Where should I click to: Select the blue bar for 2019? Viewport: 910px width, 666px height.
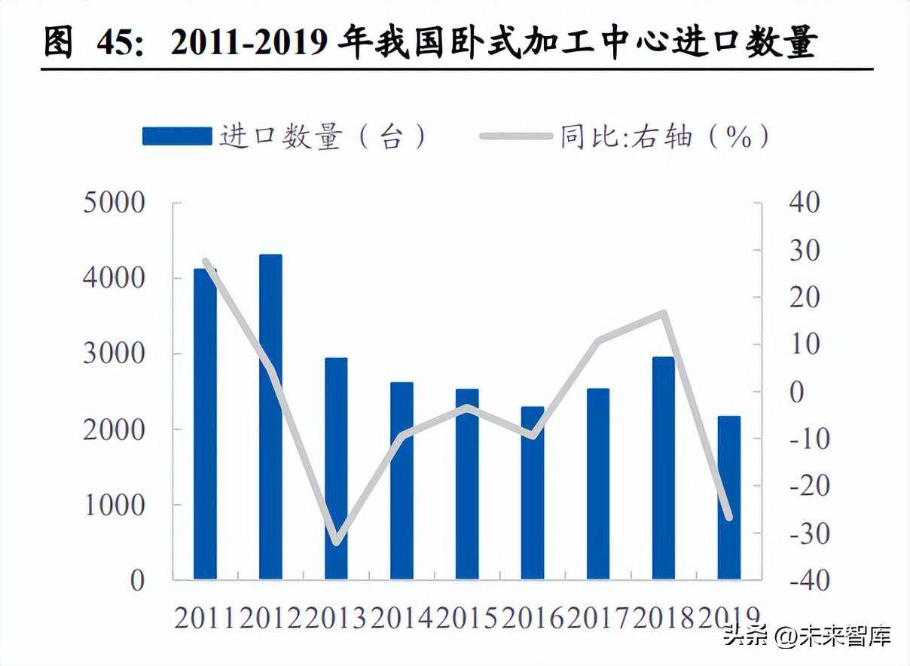tap(728, 497)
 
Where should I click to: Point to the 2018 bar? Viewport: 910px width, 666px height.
tap(664, 468)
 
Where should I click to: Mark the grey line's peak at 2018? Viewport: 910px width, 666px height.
tap(664, 313)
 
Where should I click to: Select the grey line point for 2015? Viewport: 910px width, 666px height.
tap(467, 408)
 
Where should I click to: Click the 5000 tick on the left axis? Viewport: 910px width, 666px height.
tap(114, 203)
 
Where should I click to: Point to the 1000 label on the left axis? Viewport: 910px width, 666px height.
tap(114, 506)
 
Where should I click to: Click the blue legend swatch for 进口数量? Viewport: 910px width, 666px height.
tap(177, 136)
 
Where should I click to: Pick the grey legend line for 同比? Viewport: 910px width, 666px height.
tap(516, 136)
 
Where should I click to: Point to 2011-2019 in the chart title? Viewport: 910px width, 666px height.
tap(249, 44)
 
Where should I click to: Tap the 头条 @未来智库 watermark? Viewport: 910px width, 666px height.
tap(807, 637)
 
